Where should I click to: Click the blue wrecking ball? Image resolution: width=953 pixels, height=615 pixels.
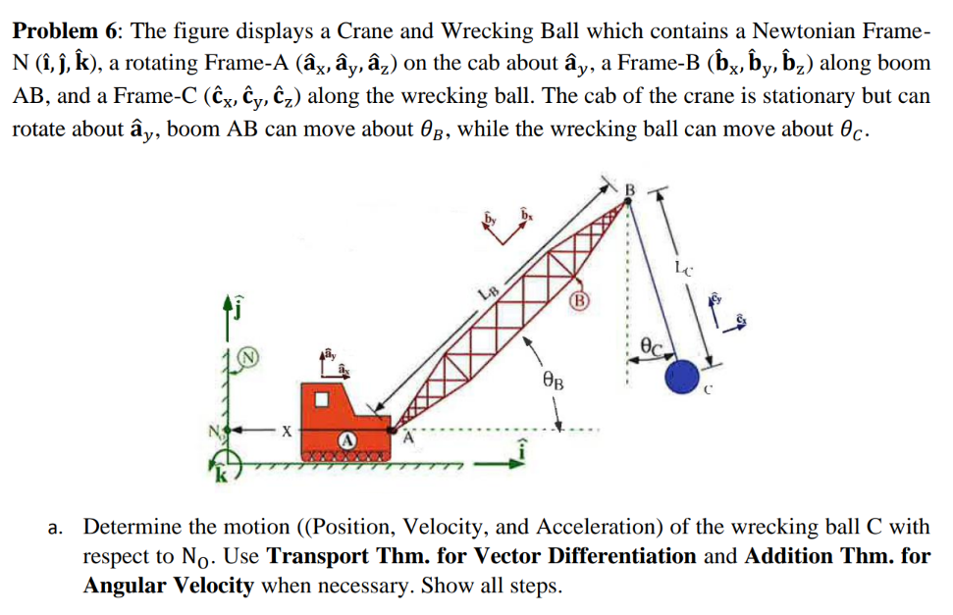[683, 378]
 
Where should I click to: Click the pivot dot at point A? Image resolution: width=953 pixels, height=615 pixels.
[392, 429]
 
